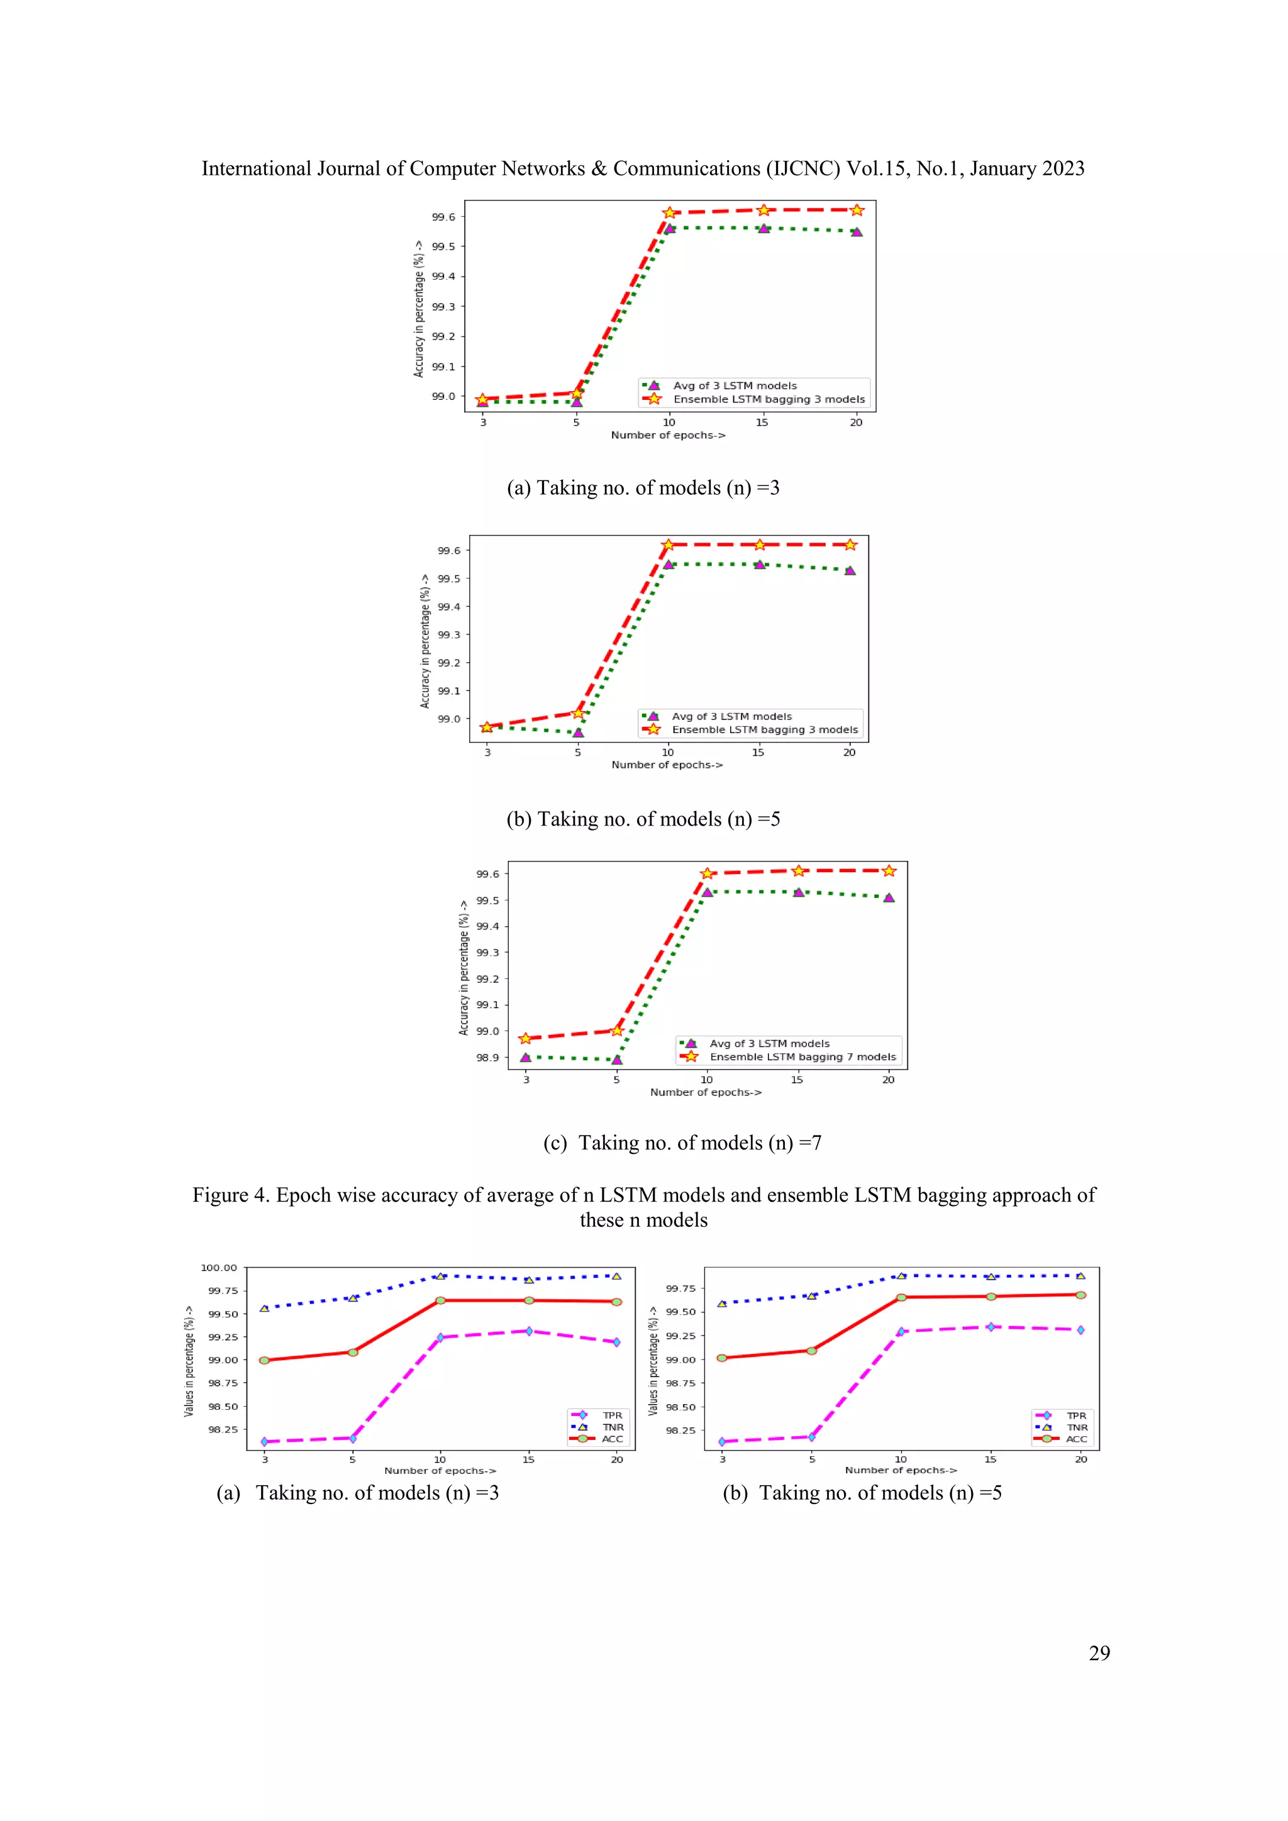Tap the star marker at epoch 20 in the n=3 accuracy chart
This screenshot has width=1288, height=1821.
tap(857, 210)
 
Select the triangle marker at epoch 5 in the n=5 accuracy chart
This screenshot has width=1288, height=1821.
tap(578, 732)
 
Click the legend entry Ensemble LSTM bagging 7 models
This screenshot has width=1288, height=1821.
tap(802, 1056)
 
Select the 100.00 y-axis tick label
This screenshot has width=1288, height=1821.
tap(219, 1268)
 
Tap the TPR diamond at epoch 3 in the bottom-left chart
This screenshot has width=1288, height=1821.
tap(265, 1441)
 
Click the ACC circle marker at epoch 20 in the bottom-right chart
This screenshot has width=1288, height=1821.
tap(1080, 1294)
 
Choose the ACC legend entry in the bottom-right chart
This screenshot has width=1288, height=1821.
tap(1075, 1439)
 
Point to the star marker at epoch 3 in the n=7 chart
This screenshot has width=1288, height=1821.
tap(525, 1038)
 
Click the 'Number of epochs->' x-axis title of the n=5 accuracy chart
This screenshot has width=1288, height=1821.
tap(666, 765)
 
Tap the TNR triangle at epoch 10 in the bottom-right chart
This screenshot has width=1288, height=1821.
tap(901, 1275)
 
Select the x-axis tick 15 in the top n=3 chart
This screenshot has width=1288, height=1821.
tap(762, 422)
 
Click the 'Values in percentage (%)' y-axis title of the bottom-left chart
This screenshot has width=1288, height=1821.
tap(189, 1360)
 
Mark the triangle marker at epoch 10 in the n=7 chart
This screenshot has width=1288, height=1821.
tap(707, 892)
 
